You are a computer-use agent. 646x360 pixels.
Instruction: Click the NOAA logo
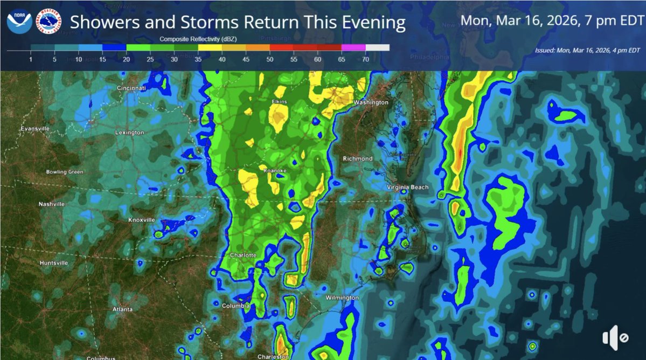click(19, 22)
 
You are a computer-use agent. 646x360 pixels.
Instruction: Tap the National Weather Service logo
click(50, 22)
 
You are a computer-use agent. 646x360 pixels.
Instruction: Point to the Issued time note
click(587, 50)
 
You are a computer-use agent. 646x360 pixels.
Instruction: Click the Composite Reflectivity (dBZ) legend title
click(198, 39)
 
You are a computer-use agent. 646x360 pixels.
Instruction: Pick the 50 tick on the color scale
click(270, 59)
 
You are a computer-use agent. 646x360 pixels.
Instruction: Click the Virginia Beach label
click(408, 188)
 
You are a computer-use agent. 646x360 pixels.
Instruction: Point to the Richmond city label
click(358, 158)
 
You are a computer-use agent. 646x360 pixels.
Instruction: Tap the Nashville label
click(52, 204)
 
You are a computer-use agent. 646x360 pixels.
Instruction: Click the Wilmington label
click(342, 297)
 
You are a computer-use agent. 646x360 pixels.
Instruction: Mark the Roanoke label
click(274, 171)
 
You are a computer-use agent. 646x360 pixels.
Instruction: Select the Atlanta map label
click(122, 309)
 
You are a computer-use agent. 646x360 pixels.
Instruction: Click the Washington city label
click(371, 102)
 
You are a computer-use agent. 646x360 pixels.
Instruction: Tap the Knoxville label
click(142, 220)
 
